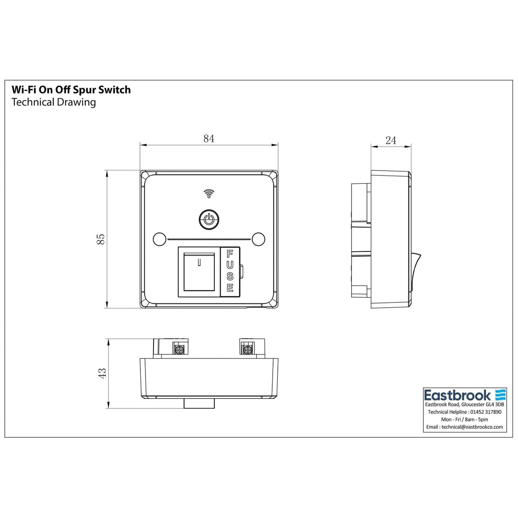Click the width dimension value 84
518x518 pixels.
click(209, 139)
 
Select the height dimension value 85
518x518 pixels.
click(101, 239)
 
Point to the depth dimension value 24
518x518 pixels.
click(390, 140)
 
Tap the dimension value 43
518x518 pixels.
click(102, 373)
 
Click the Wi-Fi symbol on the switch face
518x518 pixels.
click(209, 193)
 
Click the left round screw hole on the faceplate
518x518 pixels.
click(159, 239)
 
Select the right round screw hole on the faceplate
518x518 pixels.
click(258, 239)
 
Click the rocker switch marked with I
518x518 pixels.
click(199, 271)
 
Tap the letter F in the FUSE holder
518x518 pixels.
click(230, 254)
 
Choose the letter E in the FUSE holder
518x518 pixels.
click(230, 288)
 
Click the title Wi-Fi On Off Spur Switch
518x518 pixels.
click(71, 90)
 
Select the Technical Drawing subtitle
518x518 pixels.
click(54, 102)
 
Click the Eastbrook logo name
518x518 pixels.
click(457, 395)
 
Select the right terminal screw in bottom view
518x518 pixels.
click(246, 350)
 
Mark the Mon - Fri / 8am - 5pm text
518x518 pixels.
click(465, 419)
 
